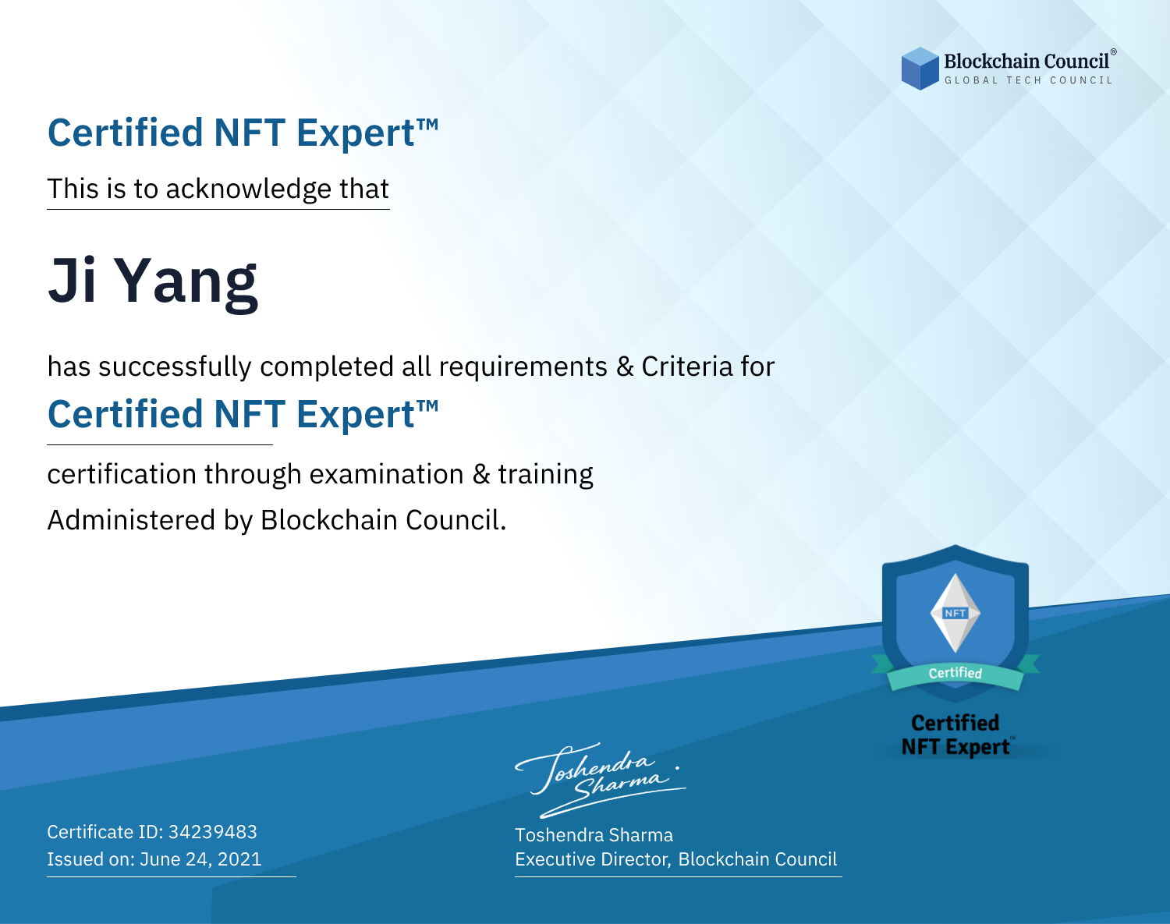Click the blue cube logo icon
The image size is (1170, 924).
920,69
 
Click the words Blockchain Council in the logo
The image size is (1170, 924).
1026,62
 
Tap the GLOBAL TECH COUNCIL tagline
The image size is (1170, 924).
1028,80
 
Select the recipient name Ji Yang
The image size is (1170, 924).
153,282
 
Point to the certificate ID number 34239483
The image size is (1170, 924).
213,831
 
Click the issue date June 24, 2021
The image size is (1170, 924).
200,859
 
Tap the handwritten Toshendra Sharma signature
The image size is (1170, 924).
600,781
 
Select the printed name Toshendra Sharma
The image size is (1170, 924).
594,835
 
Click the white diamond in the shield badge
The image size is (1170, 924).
955,613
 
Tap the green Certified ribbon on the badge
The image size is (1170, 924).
955,674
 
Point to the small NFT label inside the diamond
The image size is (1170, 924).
955,613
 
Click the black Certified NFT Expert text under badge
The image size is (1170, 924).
955,735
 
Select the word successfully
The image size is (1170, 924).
175,367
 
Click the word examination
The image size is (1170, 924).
386,474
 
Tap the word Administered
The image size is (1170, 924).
131,519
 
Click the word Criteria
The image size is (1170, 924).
686,366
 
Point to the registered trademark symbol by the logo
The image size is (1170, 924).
1114,51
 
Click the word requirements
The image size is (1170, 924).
523,367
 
